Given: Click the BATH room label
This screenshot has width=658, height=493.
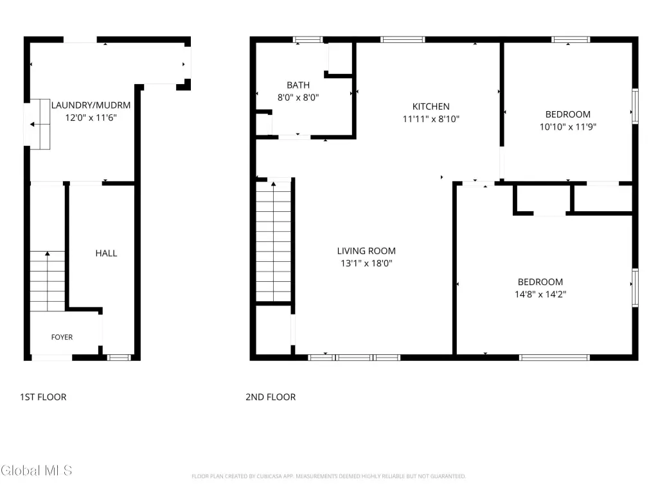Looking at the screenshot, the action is (298, 85).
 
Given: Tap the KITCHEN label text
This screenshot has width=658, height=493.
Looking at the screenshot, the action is (431, 107).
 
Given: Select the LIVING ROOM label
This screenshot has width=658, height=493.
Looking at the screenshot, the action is (366, 251).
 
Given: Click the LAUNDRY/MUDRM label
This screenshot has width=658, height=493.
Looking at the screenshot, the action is (91, 105).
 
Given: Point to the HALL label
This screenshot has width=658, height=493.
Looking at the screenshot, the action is (106, 253).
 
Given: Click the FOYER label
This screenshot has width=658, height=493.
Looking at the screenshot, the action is (62, 337).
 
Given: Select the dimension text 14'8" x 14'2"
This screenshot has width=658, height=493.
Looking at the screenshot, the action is (540, 294).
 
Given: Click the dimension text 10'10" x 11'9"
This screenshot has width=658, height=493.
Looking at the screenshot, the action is (568, 126).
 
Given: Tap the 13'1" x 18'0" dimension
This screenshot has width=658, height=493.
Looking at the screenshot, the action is (366, 263).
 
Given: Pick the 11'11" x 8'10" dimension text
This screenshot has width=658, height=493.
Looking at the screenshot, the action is (431, 119).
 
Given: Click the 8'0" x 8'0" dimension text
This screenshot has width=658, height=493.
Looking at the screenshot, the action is (298, 98).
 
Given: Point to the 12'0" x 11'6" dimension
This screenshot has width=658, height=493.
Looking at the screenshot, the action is (91, 118).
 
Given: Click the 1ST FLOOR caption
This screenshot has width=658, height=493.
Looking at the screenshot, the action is (43, 397).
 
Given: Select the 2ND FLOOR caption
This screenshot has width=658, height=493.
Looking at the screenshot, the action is (271, 397).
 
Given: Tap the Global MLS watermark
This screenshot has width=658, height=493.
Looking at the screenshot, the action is (36, 471).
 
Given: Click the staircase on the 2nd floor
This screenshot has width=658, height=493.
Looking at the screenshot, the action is (274, 241).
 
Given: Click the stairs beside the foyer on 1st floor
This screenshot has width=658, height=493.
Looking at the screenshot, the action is (48, 281).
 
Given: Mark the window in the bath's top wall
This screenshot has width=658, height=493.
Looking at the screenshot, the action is (308, 40).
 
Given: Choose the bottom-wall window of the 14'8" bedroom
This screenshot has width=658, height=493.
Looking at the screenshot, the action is (555, 358).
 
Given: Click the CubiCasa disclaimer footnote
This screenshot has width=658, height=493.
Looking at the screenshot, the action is (328, 476).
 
